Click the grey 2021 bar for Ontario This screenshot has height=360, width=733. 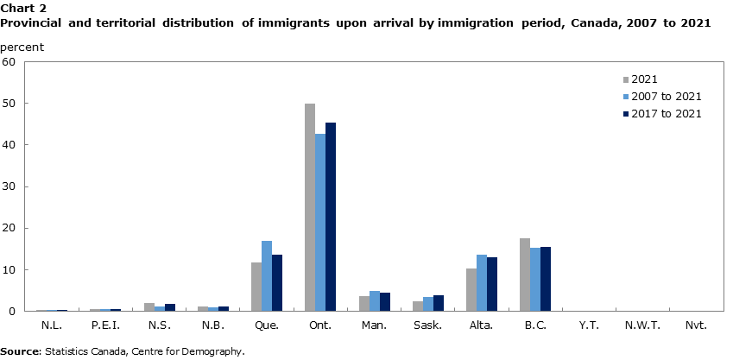[x=310, y=207]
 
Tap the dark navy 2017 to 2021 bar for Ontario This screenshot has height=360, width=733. [x=331, y=217]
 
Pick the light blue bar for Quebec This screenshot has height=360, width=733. [x=267, y=276]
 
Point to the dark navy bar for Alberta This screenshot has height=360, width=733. [x=492, y=284]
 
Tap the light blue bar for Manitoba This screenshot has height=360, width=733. [x=374, y=301]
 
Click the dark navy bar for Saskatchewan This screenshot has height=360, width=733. [x=439, y=303]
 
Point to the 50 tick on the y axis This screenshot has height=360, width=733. [x=9, y=104]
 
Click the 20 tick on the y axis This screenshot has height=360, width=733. [x=9, y=229]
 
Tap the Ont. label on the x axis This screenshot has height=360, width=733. [x=320, y=325]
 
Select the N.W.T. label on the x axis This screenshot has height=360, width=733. [x=642, y=325]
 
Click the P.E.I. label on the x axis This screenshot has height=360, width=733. [x=105, y=325]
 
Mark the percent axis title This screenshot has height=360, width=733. [x=23, y=46]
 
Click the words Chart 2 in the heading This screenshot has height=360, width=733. [x=23, y=8]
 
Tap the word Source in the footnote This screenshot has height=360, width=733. [x=21, y=351]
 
